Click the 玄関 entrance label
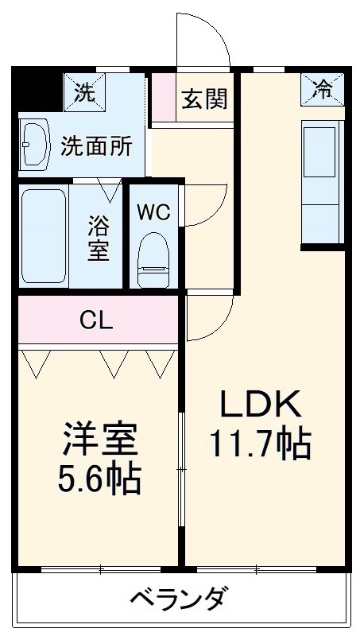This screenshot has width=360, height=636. [x=204, y=99]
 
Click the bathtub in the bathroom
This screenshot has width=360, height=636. [x=43, y=235]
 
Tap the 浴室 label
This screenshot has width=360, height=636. [x=98, y=237]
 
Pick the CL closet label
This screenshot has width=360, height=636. [x=97, y=320]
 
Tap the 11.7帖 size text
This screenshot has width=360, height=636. [x=259, y=444]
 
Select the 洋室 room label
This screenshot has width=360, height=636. [x=100, y=437]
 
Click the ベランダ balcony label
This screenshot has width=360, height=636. [x=181, y=597]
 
